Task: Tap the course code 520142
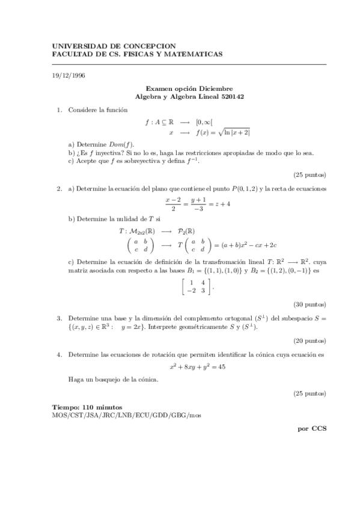click(x=233, y=96)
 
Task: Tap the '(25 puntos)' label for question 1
click(x=310, y=175)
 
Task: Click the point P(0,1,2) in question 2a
click(x=242, y=189)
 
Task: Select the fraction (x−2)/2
click(x=174, y=203)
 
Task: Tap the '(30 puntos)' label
click(x=310, y=304)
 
